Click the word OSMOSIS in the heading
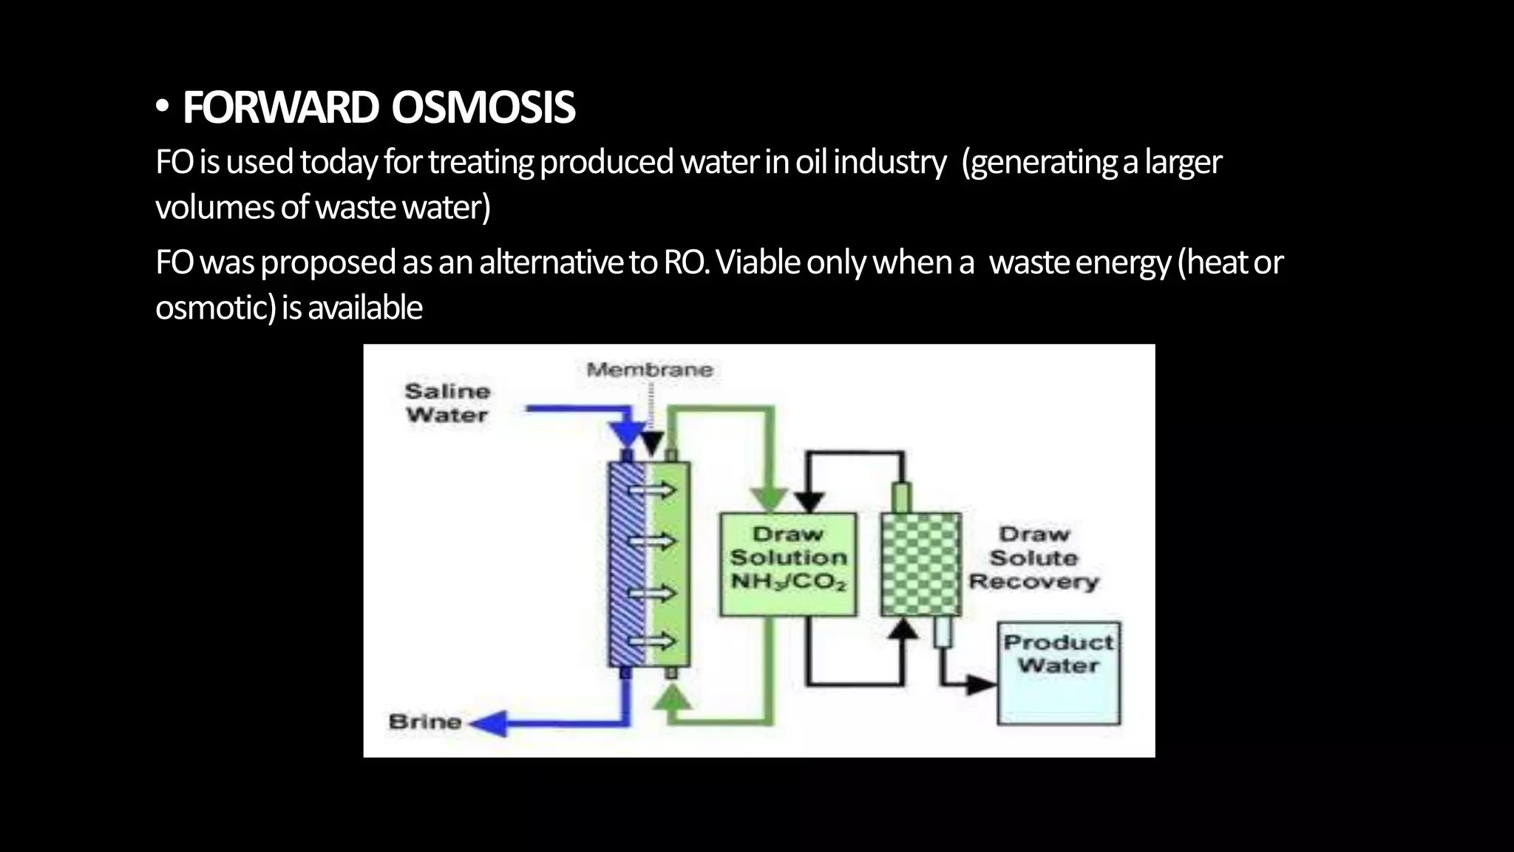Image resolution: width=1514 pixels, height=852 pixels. [x=483, y=108]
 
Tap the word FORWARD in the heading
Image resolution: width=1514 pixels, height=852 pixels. [x=281, y=108]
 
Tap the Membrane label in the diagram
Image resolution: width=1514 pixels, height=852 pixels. [x=649, y=370]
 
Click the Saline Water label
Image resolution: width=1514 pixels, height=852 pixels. [x=447, y=403]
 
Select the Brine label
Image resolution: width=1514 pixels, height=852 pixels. [x=424, y=722]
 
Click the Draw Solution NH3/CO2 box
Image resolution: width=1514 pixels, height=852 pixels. [x=788, y=564]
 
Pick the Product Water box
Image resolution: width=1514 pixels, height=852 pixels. [x=1059, y=673]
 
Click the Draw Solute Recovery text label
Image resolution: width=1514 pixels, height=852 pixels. [x=1033, y=558]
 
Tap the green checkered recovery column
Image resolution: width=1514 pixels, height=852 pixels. [x=920, y=564]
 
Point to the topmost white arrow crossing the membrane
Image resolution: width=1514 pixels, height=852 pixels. [x=652, y=490]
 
